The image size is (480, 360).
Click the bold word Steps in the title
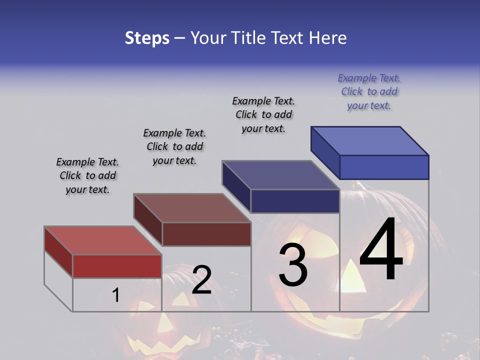147,38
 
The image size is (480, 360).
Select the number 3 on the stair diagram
292,265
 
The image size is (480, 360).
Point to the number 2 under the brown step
201,280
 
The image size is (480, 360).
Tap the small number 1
115,295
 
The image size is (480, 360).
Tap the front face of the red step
117,266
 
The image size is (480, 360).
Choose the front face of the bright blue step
384,167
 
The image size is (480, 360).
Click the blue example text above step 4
369,92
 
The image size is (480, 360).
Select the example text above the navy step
263,114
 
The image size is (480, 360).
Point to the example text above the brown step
174,146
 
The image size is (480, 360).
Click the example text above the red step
87,175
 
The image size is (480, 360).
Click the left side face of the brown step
148,220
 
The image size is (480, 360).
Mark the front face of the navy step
295,201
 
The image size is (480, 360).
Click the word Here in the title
327,38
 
